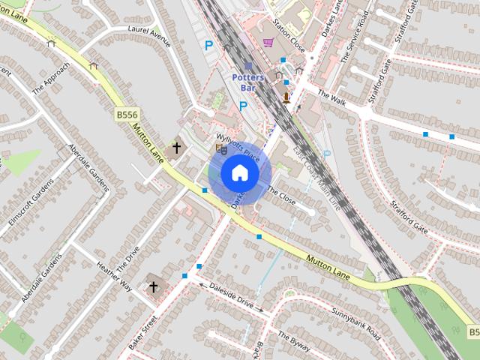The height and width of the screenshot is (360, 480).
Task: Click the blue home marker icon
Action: (x=240, y=173)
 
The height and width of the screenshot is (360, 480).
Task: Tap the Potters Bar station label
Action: (x=248, y=81)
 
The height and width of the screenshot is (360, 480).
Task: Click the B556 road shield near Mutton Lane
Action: (x=126, y=115)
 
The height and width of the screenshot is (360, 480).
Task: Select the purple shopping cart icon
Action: (x=268, y=43)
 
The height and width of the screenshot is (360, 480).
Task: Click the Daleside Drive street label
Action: (x=231, y=296)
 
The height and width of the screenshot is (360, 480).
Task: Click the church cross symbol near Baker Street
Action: (x=154, y=287)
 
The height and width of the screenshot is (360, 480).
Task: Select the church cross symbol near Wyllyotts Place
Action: (x=177, y=148)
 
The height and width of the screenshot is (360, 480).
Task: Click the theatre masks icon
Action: (x=220, y=148)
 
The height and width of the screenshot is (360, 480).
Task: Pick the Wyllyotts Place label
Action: (x=237, y=148)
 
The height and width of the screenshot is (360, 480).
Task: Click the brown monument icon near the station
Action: (x=286, y=96)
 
